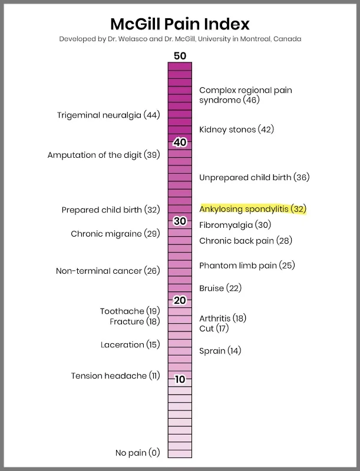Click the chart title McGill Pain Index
(x=180, y=24)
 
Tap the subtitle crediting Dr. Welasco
(x=180, y=39)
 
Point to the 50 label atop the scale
(x=180, y=55)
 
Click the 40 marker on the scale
(x=180, y=142)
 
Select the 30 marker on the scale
(x=180, y=221)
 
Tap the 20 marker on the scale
(x=180, y=300)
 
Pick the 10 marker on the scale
(x=180, y=379)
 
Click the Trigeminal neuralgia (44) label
(x=108, y=115)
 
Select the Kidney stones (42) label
(x=237, y=130)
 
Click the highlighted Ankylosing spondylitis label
(x=253, y=209)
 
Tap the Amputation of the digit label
(x=104, y=155)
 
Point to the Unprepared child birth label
(x=254, y=177)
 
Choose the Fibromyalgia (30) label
(x=235, y=225)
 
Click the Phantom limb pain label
(x=247, y=266)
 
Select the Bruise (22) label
(x=220, y=288)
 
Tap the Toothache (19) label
(x=130, y=311)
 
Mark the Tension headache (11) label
(x=115, y=376)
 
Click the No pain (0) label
(x=138, y=453)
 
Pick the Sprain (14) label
(x=220, y=350)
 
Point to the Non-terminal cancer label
(x=108, y=271)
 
